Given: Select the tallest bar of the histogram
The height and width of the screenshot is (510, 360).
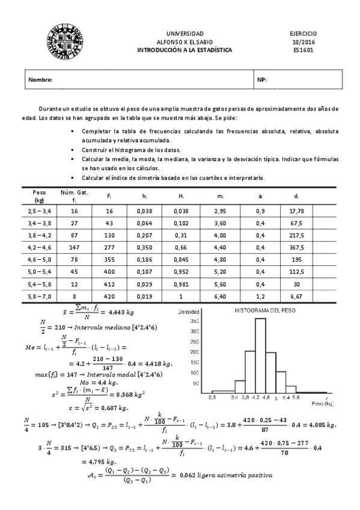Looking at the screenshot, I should [261, 355].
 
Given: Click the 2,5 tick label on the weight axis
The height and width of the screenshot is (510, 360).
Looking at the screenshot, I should [212, 398].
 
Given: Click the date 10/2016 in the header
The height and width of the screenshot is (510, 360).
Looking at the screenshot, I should [303, 42].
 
